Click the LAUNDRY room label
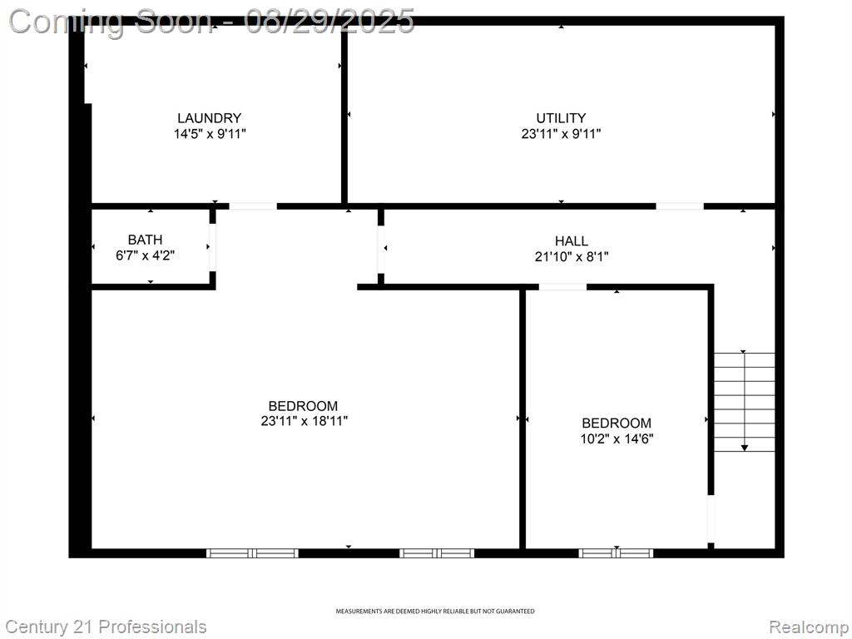coord(209,118)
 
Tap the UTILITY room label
coord(561,118)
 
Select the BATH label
coord(145,240)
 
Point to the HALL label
coord(571,240)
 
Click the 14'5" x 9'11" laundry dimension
coord(210,134)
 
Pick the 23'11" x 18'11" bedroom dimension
coord(305,421)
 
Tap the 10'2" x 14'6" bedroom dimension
coord(617,438)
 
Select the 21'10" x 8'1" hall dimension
coord(571,256)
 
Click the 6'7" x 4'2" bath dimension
coord(145,255)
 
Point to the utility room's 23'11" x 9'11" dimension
coord(561,134)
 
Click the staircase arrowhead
coord(745,448)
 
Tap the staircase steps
coord(745,402)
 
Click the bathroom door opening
coord(212,247)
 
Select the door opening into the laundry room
coord(253,206)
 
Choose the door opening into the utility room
coord(680,206)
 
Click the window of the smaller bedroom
coord(617,553)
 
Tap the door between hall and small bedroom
coord(562,287)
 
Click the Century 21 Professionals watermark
coord(106,627)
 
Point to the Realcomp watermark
coord(809,627)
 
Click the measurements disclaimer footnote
coord(434,612)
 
